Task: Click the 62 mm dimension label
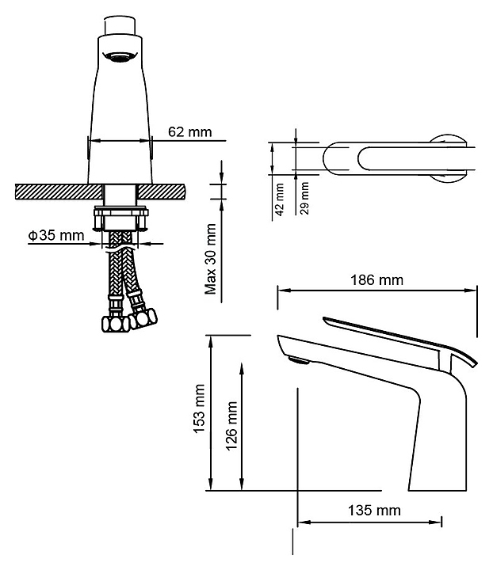click(190, 131)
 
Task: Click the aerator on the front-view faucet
click(120, 58)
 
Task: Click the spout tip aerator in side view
click(299, 362)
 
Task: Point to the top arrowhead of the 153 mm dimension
click(212, 338)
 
